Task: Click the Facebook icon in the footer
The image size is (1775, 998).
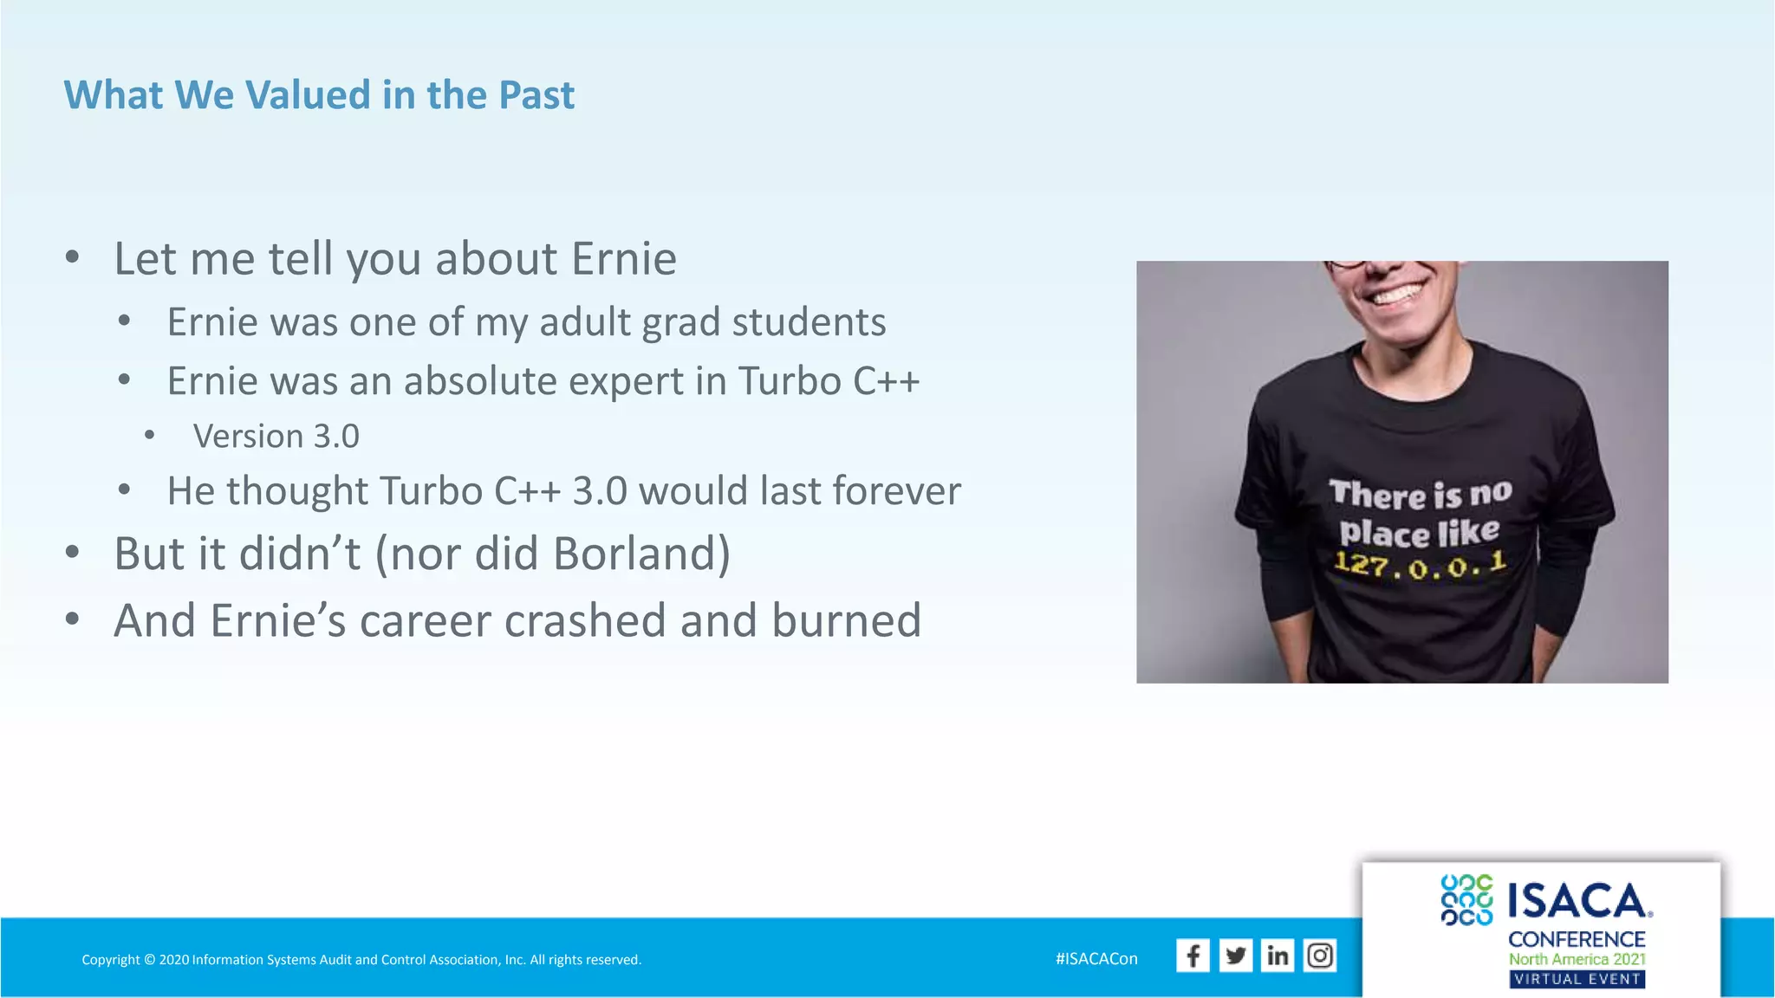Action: point(1193,956)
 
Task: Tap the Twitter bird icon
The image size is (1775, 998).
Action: point(1235,956)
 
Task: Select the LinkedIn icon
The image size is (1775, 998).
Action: point(1278,956)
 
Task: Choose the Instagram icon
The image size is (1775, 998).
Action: point(1320,956)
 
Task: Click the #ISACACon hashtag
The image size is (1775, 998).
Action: point(1096,959)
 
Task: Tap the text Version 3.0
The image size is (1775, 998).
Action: point(276,437)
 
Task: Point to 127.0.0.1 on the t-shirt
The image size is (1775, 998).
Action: point(1421,566)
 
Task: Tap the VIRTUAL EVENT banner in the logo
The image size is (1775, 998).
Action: point(1577,980)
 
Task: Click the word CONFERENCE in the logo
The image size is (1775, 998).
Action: point(1577,939)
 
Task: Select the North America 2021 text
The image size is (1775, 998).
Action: point(1577,959)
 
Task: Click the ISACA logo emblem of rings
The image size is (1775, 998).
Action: point(1466,900)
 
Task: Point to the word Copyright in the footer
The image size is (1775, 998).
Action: point(110,960)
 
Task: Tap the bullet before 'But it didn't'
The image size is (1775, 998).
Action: point(73,552)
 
